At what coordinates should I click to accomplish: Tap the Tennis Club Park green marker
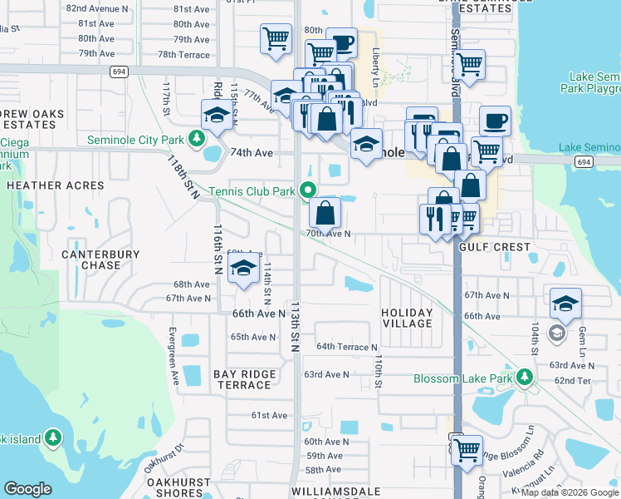tap(309, 190)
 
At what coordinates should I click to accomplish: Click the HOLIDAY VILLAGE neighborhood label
tap(407, 318)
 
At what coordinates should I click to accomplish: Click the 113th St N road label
tap(295, 325)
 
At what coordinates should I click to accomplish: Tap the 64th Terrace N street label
tap(346, 347)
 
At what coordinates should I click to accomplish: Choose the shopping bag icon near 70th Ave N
tap(325, 212)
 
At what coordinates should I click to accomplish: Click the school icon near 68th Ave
tap(243, 268)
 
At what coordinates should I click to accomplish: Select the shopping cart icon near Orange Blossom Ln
tap(467, 449)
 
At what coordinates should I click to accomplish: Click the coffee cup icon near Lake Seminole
tap(495, 121)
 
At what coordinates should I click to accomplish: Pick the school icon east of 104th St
tap(565, 303)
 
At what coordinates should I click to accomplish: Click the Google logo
tap(28, 489)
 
